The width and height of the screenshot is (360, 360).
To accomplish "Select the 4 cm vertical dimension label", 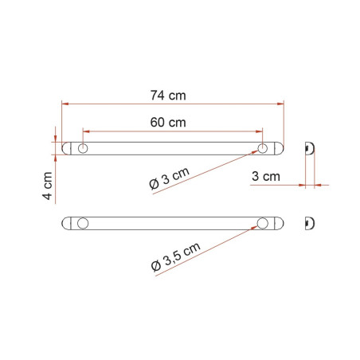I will coord(47,184).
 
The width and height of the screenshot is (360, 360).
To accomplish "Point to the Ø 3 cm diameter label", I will coord(170,181).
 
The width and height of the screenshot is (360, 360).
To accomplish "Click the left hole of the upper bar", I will coord(83,148).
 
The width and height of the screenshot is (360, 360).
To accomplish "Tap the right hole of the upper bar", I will coord(262,148).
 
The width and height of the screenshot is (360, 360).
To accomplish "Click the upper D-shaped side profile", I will coord(311,148).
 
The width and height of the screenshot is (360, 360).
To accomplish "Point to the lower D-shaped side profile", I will coord(311,221).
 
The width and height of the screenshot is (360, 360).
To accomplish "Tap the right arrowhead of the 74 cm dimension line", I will coord(279,104).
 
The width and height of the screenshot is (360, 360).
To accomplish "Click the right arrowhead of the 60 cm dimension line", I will coord(259,132).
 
